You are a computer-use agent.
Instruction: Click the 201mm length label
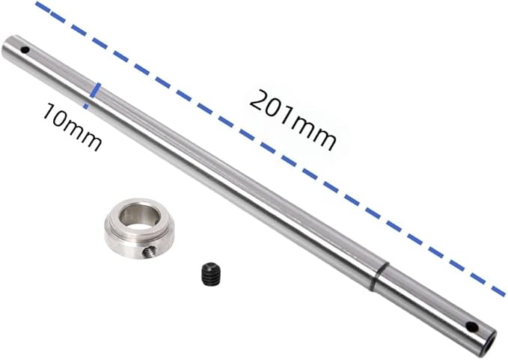[x=293, y=120]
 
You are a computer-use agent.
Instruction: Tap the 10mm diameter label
[x=71, y=126]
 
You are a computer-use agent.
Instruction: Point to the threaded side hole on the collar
[x=150, y=251]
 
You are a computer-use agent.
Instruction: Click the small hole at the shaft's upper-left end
[x=25, y=50]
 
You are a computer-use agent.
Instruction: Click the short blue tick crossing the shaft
[x=95, y=91]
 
